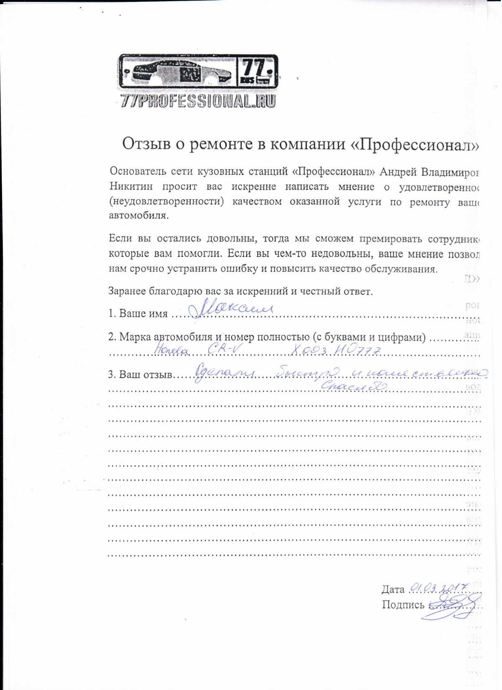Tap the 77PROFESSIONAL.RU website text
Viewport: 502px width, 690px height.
(x=198, y=101)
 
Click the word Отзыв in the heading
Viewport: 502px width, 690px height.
(x=146, y=144)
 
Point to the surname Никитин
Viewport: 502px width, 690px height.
(x=131, y=186)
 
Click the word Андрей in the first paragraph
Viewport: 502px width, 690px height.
(x=398, y=172)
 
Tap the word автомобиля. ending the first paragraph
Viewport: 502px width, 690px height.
(x=139, y=216)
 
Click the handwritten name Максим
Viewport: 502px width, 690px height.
(x=232, y=309)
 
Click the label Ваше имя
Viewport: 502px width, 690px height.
(x=143, y=314)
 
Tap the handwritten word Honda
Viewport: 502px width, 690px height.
(x=171, y=350)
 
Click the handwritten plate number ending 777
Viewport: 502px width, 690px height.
(x=336, y=350)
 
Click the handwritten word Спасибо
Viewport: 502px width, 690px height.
(x=353, y=387)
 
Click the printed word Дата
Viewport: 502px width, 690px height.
(x=393, y=590)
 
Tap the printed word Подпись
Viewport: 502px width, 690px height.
(x=403, y=605)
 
